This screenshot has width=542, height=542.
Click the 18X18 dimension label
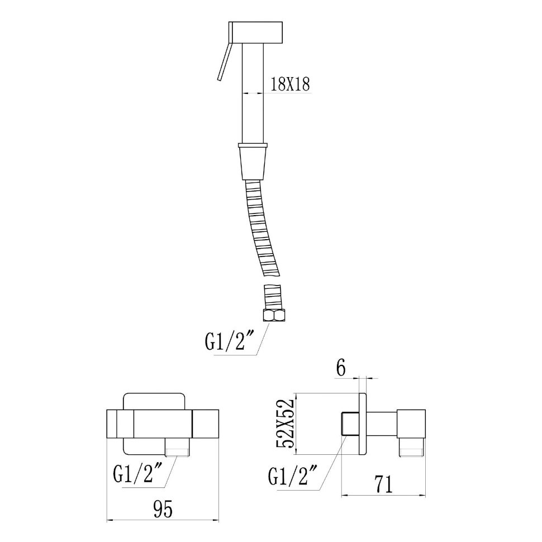(289, 84)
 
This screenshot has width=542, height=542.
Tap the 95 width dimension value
(163, 510)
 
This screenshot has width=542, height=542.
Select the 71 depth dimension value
(384, 484)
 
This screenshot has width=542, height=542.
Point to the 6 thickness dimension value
(340, 369)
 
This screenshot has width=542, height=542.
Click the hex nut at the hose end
(273, 316)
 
